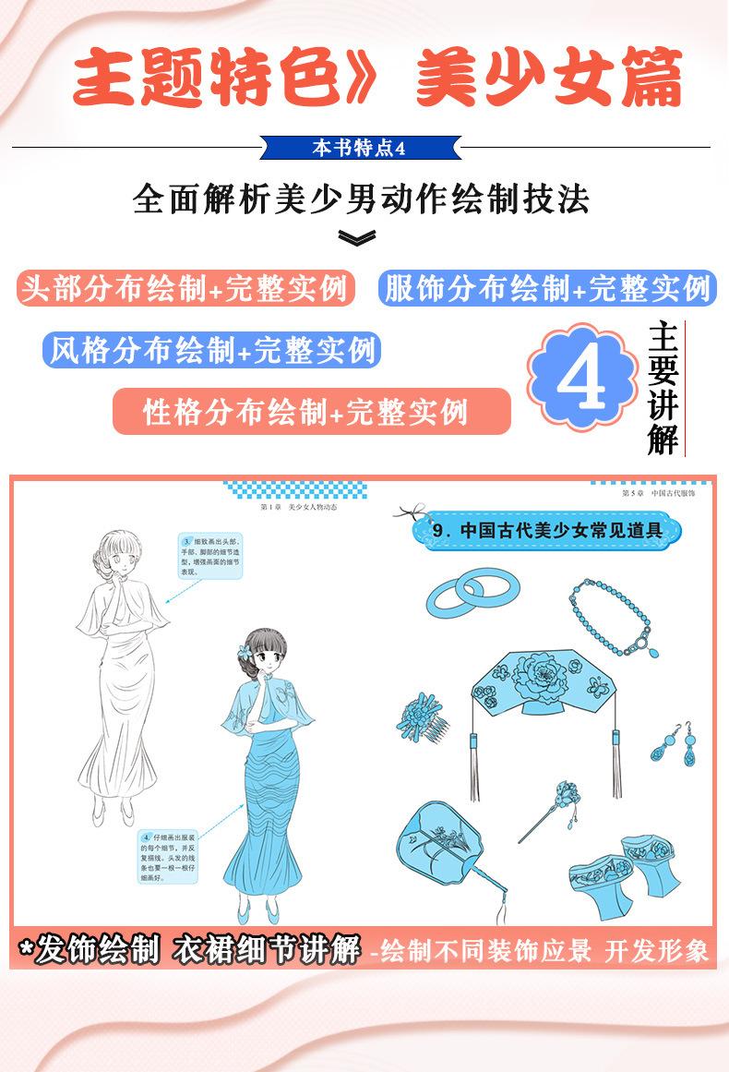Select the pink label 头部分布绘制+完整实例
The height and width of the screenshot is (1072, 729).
click(185, 289)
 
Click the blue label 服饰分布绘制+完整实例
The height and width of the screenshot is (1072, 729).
click(545, 289)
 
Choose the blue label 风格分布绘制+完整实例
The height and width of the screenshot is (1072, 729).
click(211, 350)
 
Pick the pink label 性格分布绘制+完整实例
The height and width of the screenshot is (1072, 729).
click(311, 411)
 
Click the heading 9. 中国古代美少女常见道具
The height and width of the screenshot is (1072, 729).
click(548, 531)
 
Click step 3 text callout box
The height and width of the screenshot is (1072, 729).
click(209, 555)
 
